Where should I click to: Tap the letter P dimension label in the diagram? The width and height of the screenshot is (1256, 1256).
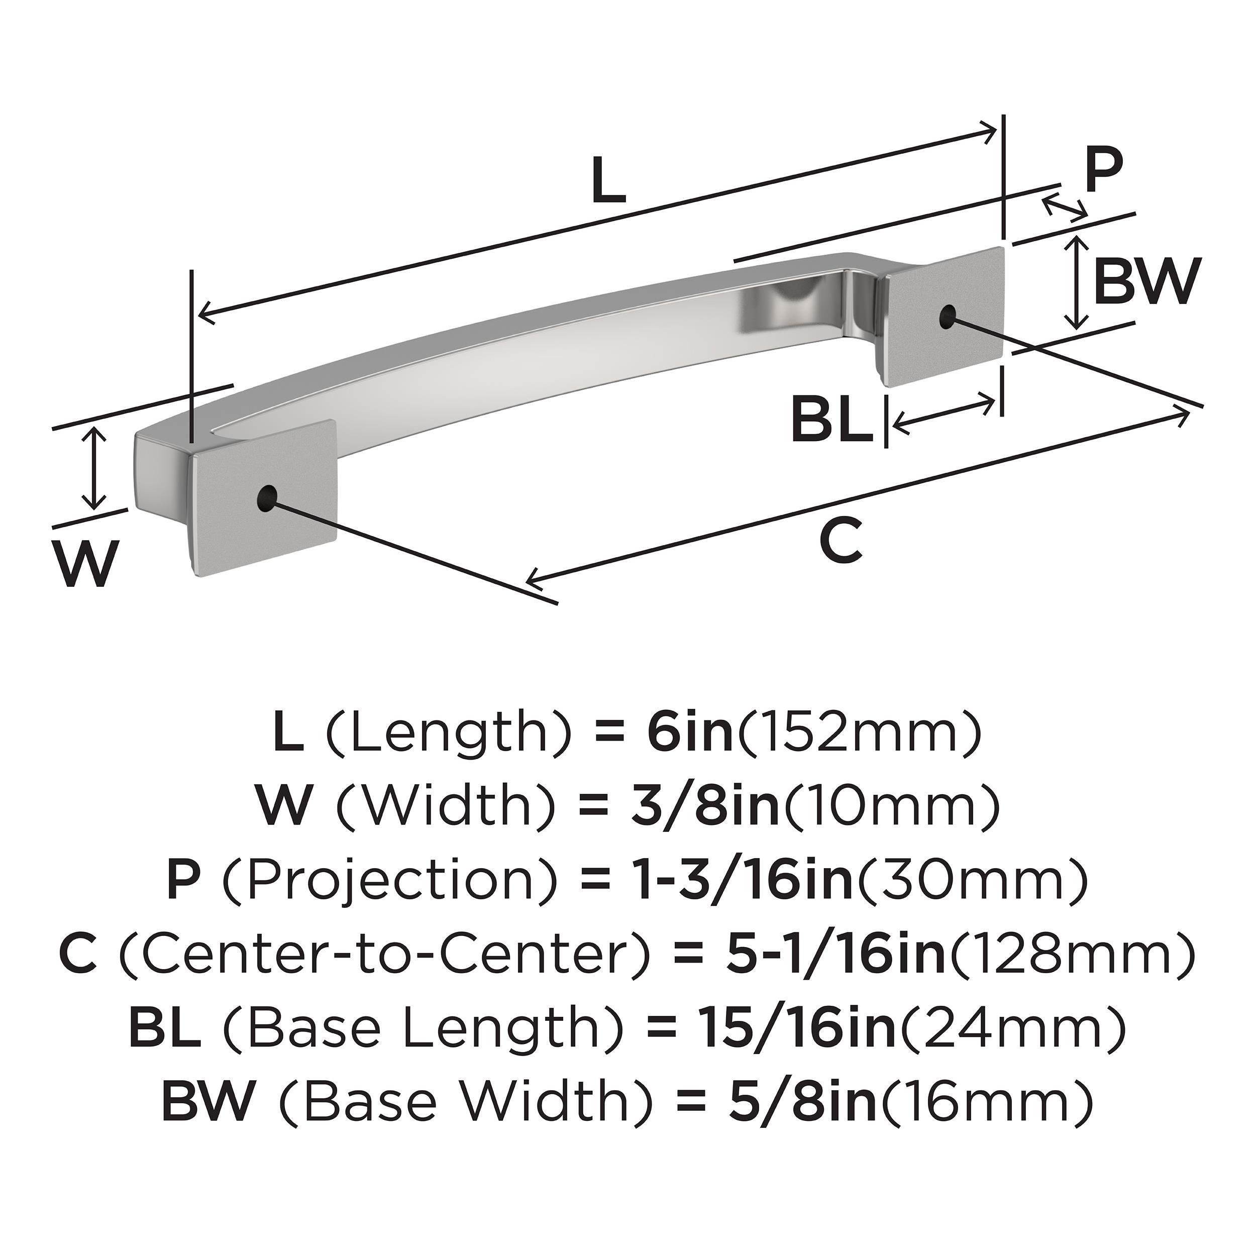pos(1103,171)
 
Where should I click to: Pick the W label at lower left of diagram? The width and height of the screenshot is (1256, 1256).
pos(87,563)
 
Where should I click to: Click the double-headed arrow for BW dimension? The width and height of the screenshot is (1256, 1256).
pos(1078,282)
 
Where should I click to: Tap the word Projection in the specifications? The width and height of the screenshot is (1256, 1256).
pos(390,877)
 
